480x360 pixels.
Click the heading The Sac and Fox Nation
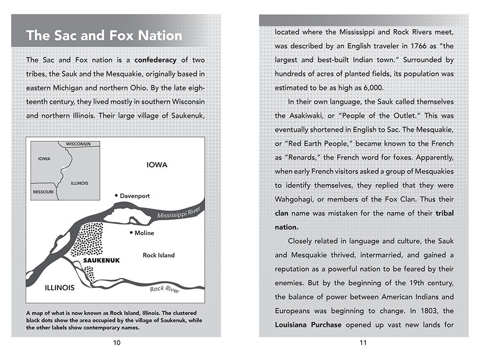[104, 36]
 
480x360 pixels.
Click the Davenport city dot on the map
[116, 196]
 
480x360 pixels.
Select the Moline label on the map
[144, 233]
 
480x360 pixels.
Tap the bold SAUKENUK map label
[102, 260]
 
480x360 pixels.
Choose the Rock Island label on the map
[158, 255]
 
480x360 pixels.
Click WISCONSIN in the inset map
[78, 144]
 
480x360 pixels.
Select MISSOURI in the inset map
[43, 192]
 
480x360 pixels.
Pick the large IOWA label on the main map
[157, 165]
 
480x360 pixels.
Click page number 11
[363, 343]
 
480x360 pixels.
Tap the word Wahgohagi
[296, 199]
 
